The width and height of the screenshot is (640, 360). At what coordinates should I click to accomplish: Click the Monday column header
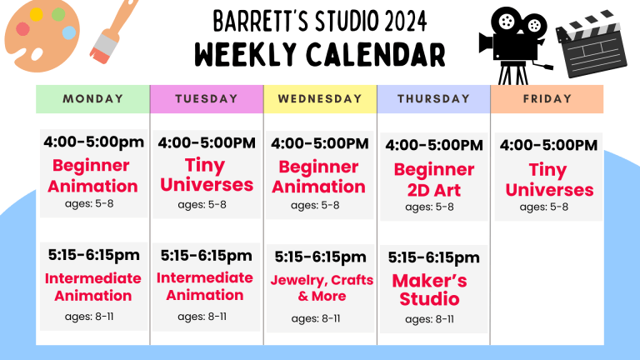tap(92, 98)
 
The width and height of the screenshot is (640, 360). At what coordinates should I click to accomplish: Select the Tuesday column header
tap(206, 98)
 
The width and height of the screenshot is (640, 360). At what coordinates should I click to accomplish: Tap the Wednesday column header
tap(319, 98)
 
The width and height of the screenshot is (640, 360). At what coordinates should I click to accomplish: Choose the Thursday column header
tap(433, 98)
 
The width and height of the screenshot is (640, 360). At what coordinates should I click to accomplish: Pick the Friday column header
tap(547, 98)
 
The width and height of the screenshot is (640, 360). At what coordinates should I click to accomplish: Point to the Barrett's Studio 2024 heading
tap(320, 19)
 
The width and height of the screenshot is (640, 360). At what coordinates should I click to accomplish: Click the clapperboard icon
tap(593, 46)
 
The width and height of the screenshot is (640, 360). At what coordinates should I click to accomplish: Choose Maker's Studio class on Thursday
tap(429, 289)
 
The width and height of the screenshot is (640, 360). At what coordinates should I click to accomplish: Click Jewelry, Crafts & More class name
tap(322, 288)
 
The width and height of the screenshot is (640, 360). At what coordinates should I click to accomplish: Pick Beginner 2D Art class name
tap(433, 180)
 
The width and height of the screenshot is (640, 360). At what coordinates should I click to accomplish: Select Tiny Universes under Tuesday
tap(206, 174)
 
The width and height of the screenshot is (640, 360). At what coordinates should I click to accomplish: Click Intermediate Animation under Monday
tap(93, 287)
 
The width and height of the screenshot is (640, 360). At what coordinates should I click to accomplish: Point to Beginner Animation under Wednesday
tap(319, 176)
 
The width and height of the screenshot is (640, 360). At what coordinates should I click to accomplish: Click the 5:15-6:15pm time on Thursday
tap(433, 257)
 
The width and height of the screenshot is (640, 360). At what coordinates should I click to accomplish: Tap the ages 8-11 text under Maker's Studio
tap(429, 319)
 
